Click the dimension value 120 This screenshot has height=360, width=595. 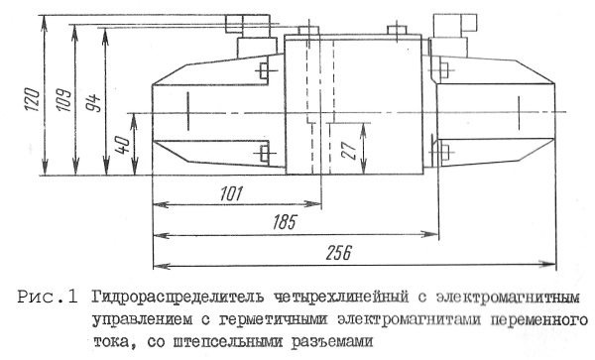click(33, 99)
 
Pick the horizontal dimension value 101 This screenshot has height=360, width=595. click(230, 193)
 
